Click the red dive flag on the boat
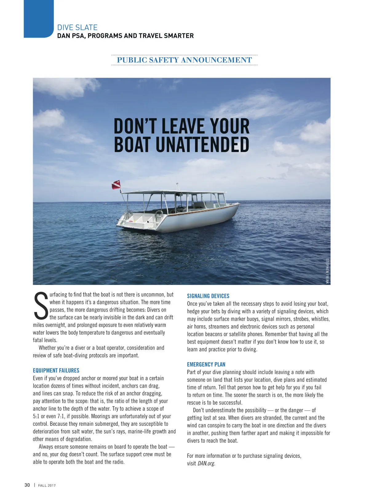click(116, 185)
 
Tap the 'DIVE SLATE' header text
click(77, 27)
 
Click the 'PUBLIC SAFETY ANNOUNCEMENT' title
click(184, 60)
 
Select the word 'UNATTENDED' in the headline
click(202, 144)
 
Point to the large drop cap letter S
click(41, 306)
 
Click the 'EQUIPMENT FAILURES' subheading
click(56, 370)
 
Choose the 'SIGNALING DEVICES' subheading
click(208, 296)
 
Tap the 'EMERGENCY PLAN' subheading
click(206, 364)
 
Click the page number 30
click(27, 485)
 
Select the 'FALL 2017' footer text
click(47, 485)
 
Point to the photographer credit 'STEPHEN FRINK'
click(327, 271)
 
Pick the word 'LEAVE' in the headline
click(184, 126)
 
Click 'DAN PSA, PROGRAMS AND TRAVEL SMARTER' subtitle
click(125, 36)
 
